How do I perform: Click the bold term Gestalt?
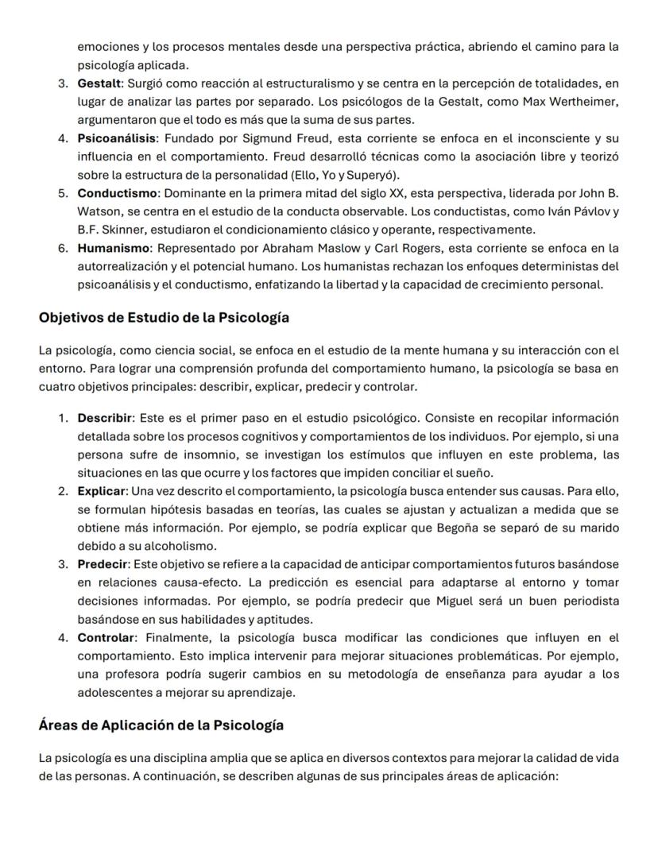click(96, 83)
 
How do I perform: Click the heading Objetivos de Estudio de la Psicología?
click(164, 318)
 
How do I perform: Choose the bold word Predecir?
click(103, 565)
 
